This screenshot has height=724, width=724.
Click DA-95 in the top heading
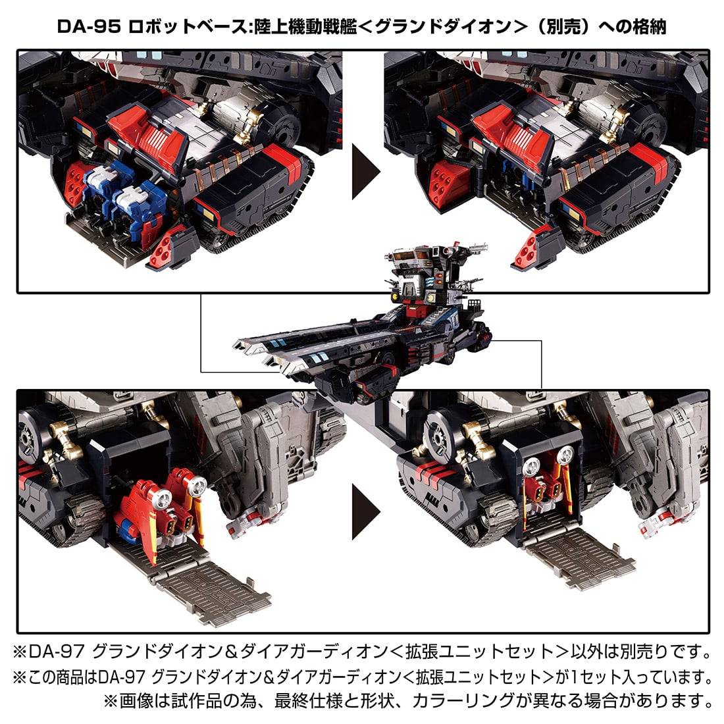coord(89,27)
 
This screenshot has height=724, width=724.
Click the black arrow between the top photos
coord(366,171)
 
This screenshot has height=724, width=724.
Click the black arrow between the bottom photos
coord(366,511)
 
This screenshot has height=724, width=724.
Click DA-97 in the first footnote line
coord(57,652)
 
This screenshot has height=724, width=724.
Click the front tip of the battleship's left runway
coord(236,344)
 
